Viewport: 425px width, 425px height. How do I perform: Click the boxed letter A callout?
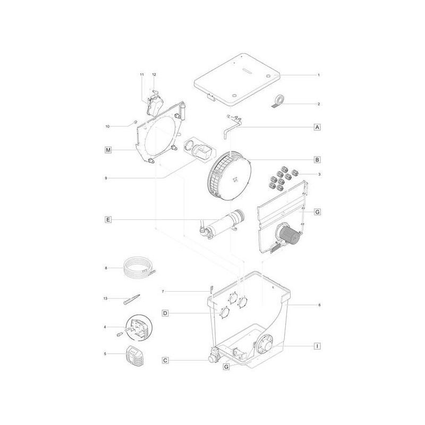pyautogui.click(x=317, y=127)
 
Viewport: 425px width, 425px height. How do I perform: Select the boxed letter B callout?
pyautogui.click(x=317, y=160)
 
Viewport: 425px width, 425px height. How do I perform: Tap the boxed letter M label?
pyautogui.click(x=108, y=150)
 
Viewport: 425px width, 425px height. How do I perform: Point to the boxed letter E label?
pyautogui.click(x=108, y=219)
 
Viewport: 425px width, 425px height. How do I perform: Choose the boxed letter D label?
pyautogui.click(x=165, y=313)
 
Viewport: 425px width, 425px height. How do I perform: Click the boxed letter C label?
pyautogui.click(x=165, y=360)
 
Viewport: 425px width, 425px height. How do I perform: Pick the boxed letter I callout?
pyautogui.click(x=317, y=346)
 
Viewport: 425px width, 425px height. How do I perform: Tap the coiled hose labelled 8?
pyautogui.click(x=138, y=267)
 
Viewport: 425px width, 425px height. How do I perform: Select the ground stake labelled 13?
pyautogui.click(x=132, y=299)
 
